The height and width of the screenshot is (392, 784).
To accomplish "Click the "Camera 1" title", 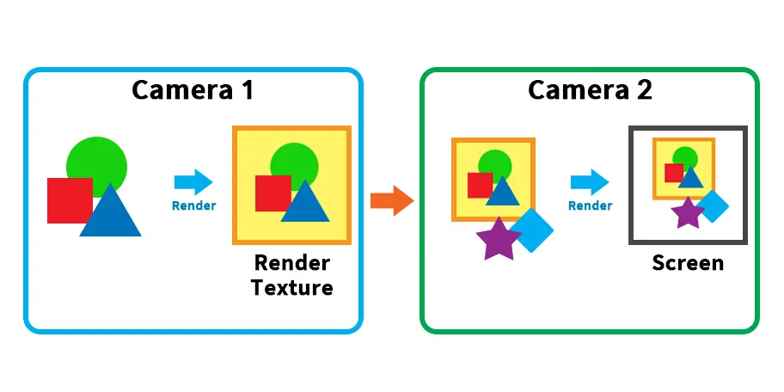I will [x=193, y=89].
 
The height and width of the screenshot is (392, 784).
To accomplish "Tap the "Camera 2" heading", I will [x=590, y=89].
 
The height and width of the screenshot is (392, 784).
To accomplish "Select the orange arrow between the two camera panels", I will [x=391, y=199].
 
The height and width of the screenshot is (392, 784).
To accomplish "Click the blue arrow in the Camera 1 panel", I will [x=193, y=182].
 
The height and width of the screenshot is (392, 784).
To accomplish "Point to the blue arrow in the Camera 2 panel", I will [x=590, y=182].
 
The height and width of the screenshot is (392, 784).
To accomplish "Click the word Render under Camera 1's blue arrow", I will [x=194, y=205].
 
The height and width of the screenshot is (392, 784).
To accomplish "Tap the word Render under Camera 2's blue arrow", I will [x=590, y=205].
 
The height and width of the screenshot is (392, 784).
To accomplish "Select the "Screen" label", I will [x=688, y=262].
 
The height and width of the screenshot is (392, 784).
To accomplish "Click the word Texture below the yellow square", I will [x=292, y=287].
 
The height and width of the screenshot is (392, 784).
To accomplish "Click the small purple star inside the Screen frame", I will [x=688, y=213].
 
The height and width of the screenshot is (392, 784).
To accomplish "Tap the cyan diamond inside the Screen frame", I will [x=712, y=206].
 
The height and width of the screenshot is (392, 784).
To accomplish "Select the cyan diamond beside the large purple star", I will [x=532, y=230].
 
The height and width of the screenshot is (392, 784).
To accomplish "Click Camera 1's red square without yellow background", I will [x=69, y=199].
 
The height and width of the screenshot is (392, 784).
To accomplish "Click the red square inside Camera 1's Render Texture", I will [x=272, y=193].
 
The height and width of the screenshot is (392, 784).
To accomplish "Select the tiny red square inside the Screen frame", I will [x=674, y=173].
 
